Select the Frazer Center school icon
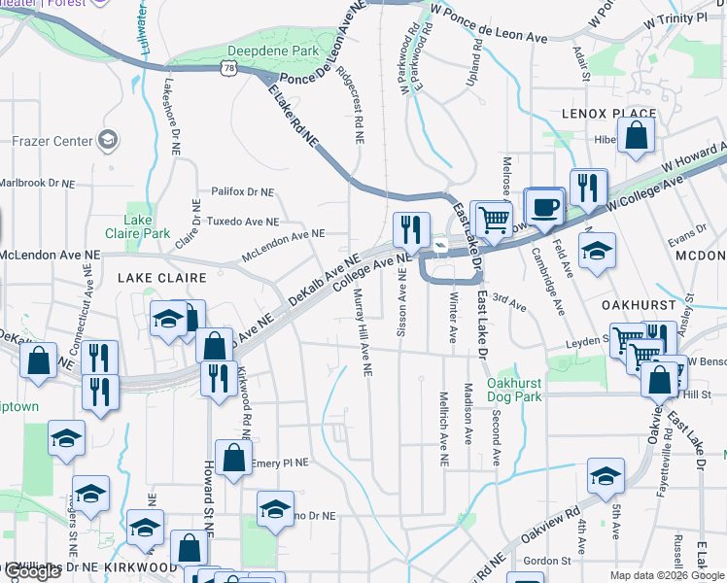[107, 141]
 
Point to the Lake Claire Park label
[147, 226]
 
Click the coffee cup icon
[546, 206]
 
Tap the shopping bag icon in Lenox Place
[636, 139]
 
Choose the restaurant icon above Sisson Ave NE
[411, 230]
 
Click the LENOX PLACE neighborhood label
[609, 114]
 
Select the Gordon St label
[547, 561]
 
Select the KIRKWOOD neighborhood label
[140, 566]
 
